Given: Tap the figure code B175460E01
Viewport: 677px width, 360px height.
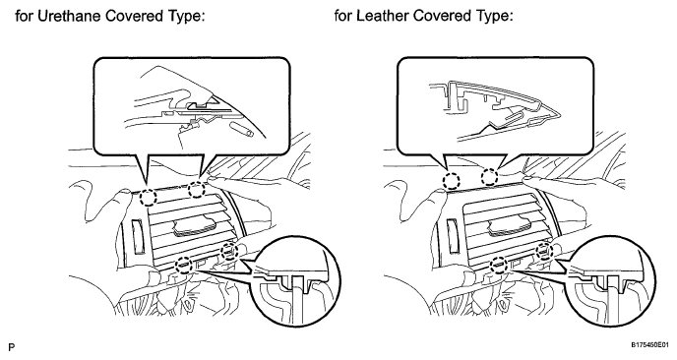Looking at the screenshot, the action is click(652, 345).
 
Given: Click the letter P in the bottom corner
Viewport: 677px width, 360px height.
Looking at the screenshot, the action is click(12, 347).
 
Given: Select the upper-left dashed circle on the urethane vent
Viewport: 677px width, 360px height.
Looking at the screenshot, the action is click(148, 198).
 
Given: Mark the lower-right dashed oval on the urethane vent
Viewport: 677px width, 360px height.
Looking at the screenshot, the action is click(229, 251).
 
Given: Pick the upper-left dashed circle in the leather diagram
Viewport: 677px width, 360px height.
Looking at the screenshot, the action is click(452, 180).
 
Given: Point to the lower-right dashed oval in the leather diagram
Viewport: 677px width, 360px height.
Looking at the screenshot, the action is click(544, 251).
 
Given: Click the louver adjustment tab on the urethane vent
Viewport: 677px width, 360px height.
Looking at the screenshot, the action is click(195, 228).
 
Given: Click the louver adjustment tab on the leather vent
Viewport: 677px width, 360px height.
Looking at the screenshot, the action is click(511, 228).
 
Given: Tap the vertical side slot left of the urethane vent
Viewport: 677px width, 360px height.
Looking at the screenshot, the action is click(137, 236).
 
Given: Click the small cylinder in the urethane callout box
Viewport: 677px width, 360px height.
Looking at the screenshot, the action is click(242, 130).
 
